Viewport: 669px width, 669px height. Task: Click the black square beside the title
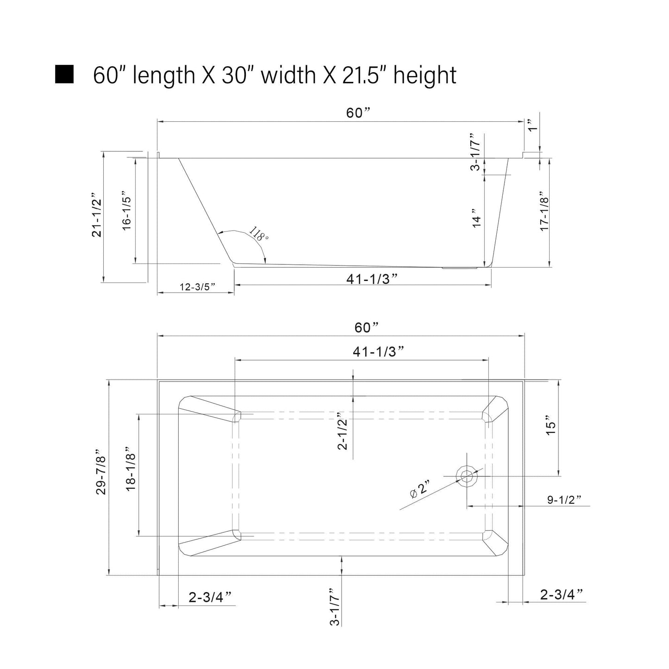[x=64, y=74]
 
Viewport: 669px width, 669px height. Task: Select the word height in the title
[x=425, y=75]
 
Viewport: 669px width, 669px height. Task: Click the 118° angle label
[x=259, y=233]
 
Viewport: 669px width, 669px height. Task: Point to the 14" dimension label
[x=476, y=218]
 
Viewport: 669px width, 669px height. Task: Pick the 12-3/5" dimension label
[x=197, y=287]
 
